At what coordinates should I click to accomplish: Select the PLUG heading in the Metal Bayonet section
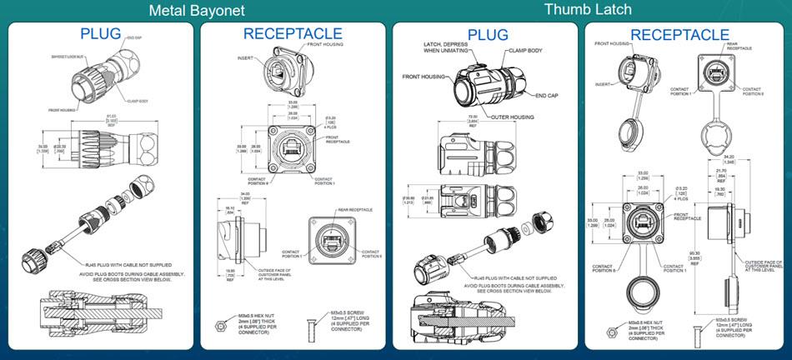coord(101,33)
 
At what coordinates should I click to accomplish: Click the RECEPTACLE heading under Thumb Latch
coord(679,34)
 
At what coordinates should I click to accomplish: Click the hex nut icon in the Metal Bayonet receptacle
coord(219,319)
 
